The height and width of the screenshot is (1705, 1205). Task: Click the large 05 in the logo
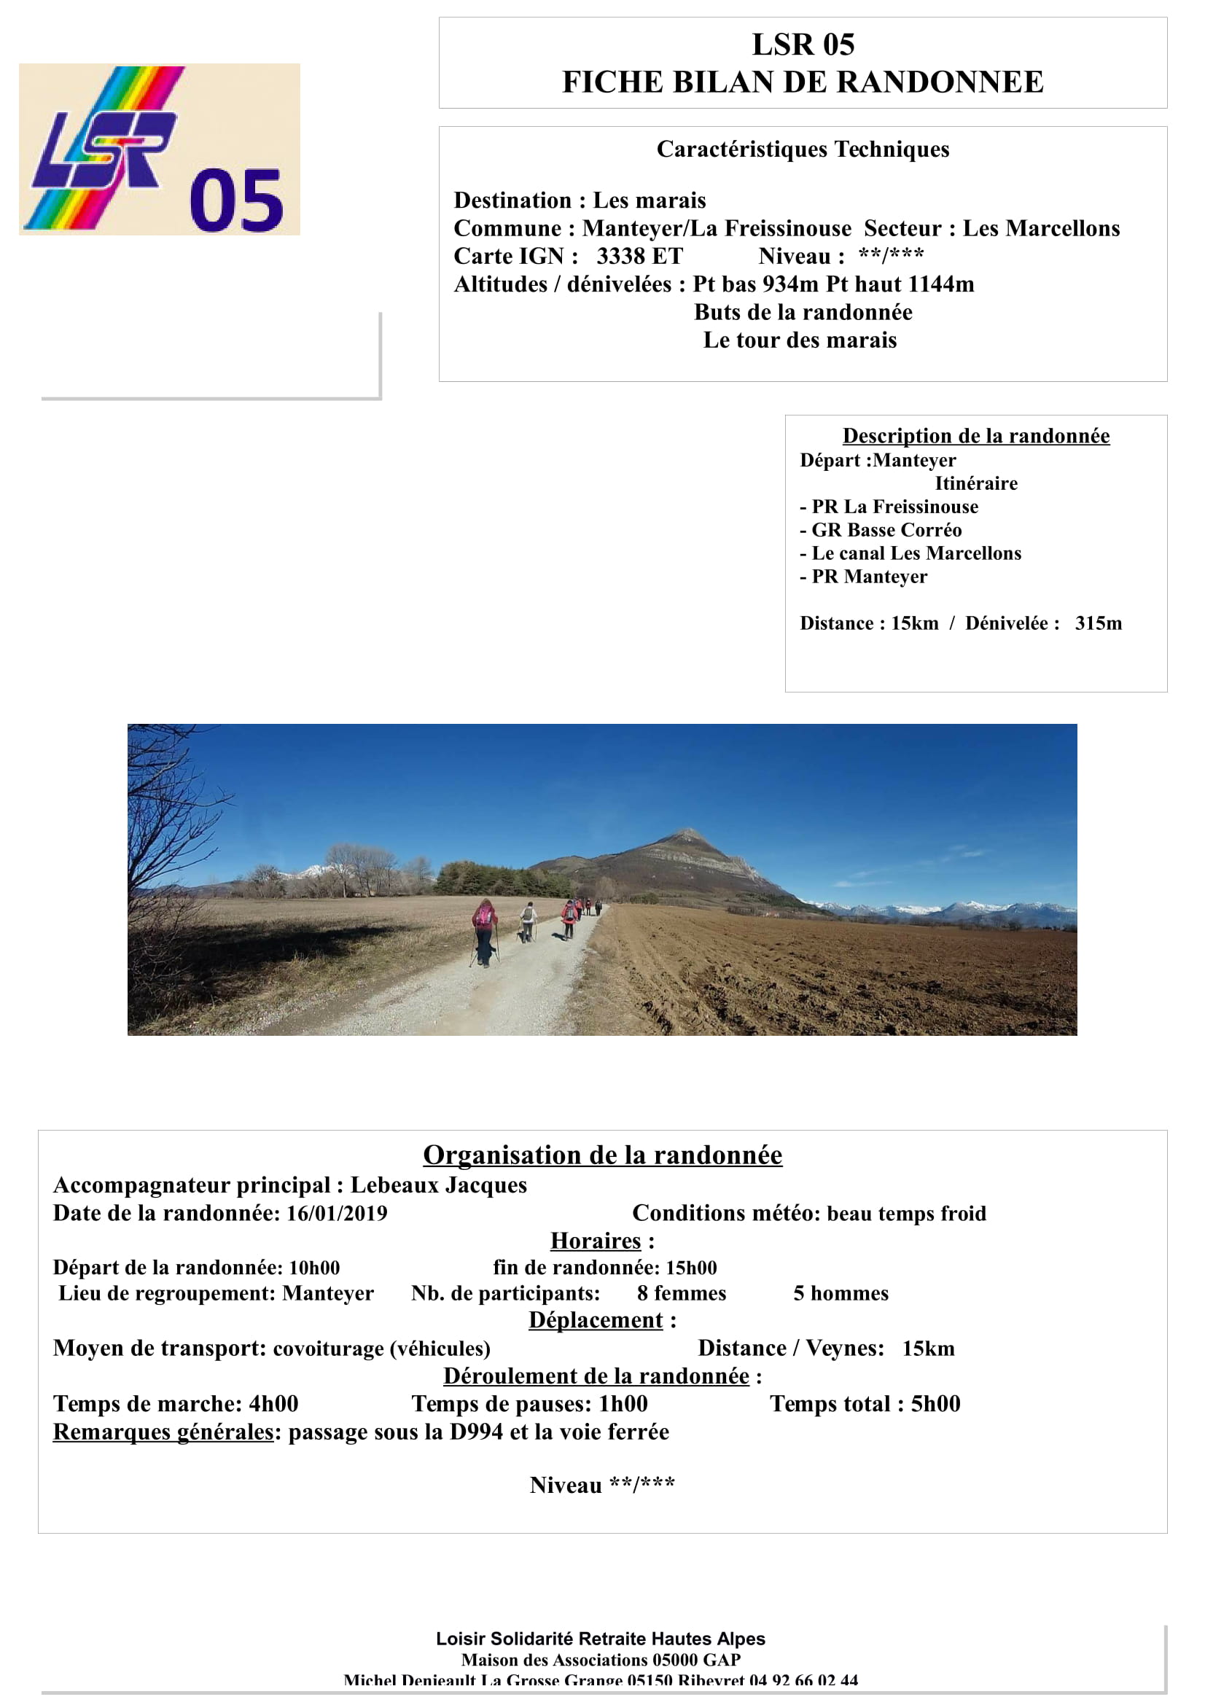(236, 200)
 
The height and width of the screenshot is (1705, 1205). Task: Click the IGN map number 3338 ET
(639, 256)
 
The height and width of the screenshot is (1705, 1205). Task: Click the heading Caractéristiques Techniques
(803, 149)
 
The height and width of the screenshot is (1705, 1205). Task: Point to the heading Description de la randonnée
(975, 436)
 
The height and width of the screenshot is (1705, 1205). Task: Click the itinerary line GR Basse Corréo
(886, 530)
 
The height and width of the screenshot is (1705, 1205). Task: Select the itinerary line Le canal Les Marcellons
(916, 553)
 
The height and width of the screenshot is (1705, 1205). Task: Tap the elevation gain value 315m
(1098, 623)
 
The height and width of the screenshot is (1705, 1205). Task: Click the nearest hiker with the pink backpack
(484, 918)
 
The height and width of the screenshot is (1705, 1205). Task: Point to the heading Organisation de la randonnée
(602, 1155)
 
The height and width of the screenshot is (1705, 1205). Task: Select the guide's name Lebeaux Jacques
(439, 1185)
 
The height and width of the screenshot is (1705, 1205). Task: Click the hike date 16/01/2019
(337, 1214)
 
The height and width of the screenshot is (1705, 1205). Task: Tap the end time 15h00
(691, 1268)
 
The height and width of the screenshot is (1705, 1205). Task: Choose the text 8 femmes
(682, 1294)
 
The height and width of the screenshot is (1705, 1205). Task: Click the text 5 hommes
(841, 1294)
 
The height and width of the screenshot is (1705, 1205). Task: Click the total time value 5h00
(935, 1403)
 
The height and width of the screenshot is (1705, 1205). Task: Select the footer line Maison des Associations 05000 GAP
(601, 1660)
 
